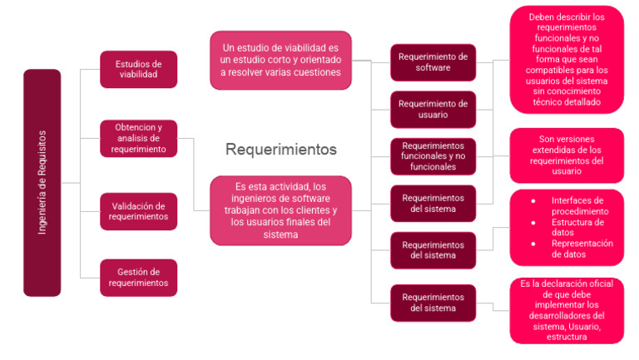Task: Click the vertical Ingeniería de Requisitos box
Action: point(42,182)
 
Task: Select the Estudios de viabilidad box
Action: point(138,70)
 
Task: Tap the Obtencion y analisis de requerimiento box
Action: point(138,139)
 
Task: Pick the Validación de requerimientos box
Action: point(138,211)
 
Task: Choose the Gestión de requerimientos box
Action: point(138,277)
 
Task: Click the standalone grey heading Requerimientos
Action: point(281,150)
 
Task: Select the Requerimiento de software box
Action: point(433,62)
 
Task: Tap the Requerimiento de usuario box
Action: point(433,109)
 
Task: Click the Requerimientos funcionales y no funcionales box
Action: point(433,155)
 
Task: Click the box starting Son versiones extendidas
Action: point(566,155)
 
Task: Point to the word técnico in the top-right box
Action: point(548,102)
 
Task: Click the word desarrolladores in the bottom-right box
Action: point(566,316)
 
